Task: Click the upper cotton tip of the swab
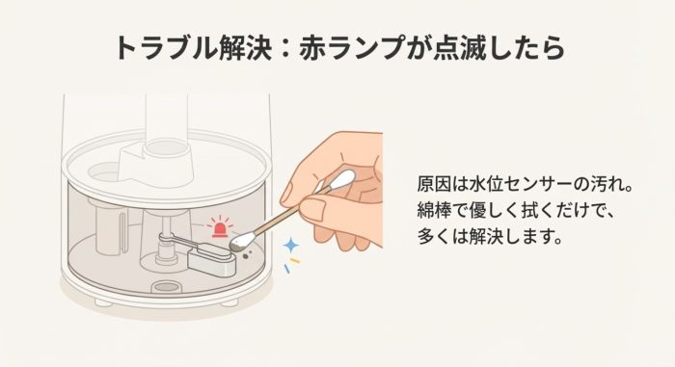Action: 342,178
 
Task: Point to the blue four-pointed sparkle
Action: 288,249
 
